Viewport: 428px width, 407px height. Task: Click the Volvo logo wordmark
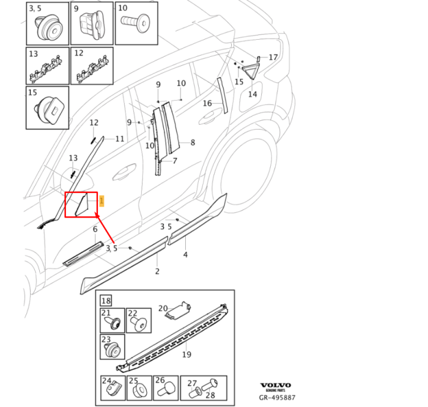pos(276,386)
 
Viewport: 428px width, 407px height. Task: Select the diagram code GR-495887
pos(276,397)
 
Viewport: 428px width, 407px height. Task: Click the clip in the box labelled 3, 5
pos(47,26)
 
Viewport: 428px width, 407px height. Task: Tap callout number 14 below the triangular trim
pos(252,94)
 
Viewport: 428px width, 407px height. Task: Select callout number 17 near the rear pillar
pos(273,57)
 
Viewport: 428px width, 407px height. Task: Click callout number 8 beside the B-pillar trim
pos(193,142)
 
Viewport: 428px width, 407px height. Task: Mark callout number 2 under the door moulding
pos(157,271)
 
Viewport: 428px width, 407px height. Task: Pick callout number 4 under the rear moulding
pos(185,254)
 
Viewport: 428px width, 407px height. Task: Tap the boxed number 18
pos(106,301)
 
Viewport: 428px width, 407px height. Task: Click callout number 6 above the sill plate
pos(95,229)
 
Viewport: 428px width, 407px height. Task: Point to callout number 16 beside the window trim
pos(207,103)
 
